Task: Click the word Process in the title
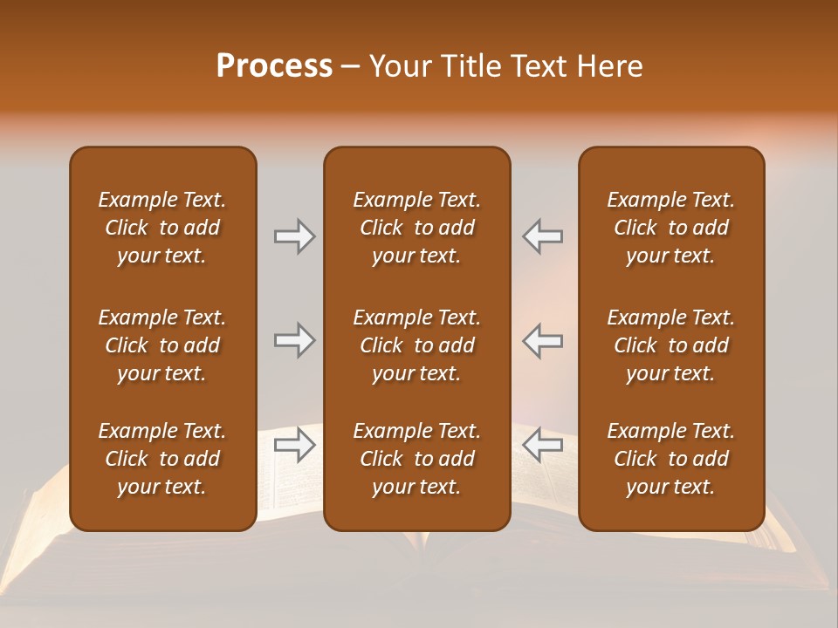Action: [x=274, y=66]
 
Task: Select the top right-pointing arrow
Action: [x=295, y=236]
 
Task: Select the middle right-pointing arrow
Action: [x=295, y=340]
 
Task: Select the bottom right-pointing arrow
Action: [x=295, y=446]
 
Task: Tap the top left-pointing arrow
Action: [x=542, y=236]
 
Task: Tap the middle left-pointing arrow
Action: [x=542, y=340]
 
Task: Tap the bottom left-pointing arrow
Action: [x=542, y=446]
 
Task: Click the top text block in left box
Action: [x=162, y=228]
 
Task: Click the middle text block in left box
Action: [x=162, y=345]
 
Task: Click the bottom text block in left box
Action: [x=162, y=459]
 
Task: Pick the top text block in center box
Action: [x=416, y=228]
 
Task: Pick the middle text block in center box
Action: [x=416, y=345]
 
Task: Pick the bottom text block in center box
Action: [x=416, y=459]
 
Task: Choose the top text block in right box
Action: [x=670, y=228]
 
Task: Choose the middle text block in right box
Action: [x=670, y=345]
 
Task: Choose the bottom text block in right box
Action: [x=670, y=459]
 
